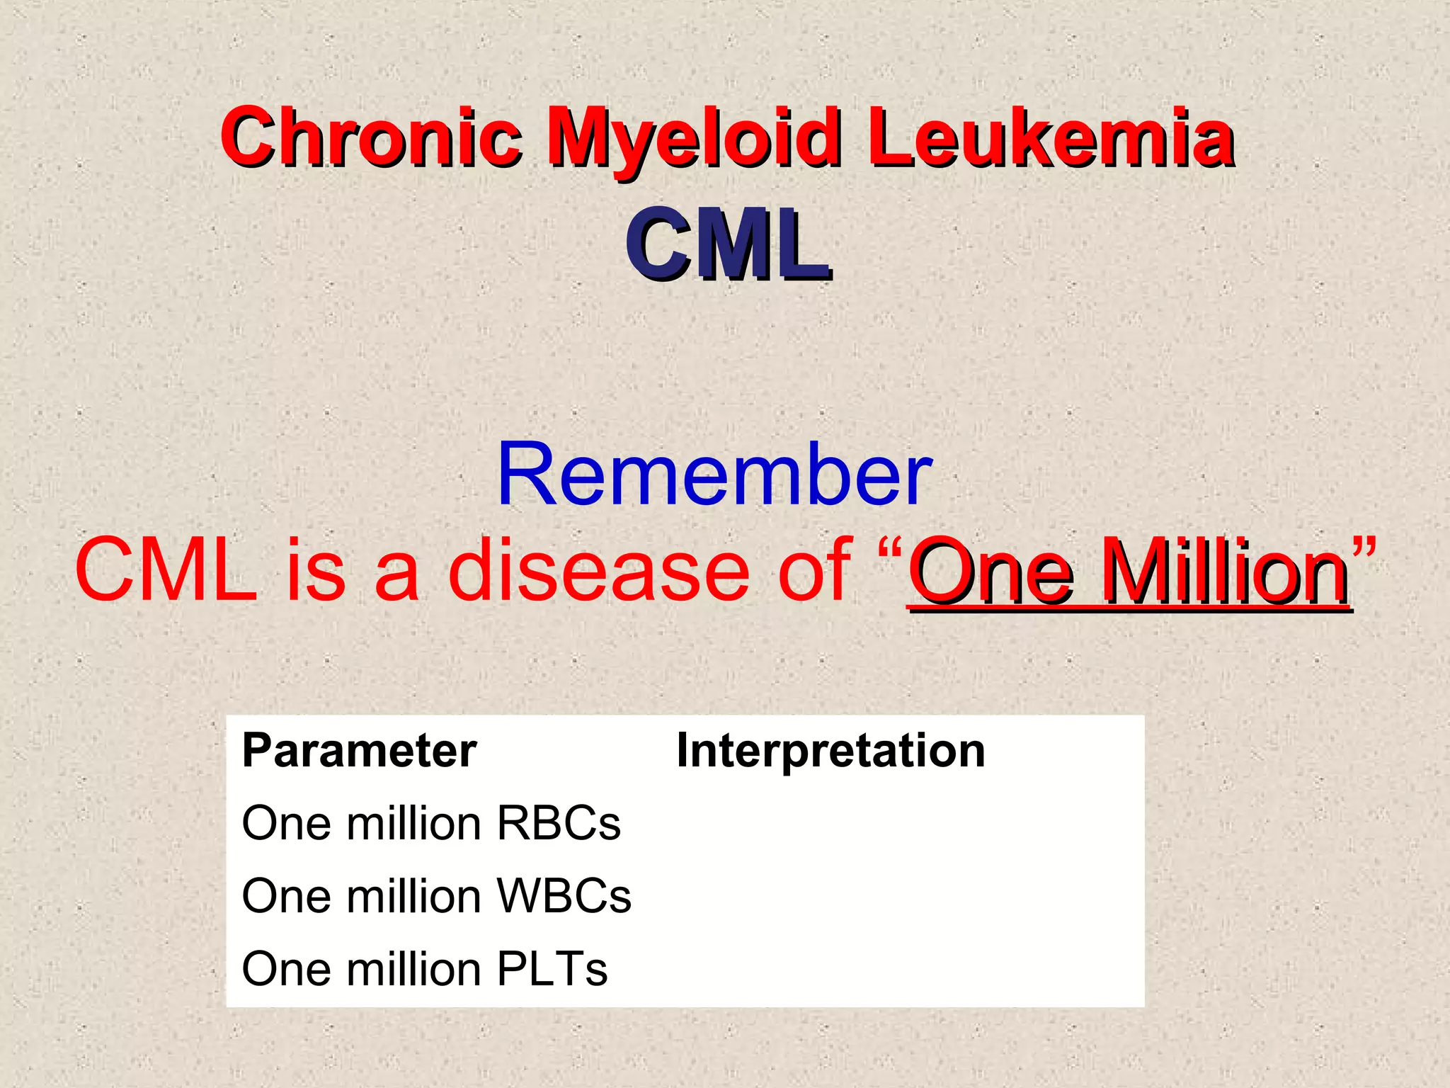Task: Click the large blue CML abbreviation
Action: [726, 244]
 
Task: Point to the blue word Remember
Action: [714, 474]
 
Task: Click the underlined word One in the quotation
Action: [991, 570]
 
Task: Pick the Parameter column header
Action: [359, 750]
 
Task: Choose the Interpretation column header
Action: [830, 750]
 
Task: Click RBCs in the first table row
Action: [558, 823]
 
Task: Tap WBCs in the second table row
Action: [564, 896]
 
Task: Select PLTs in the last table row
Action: [552, 969]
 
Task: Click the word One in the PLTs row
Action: [287, 969]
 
